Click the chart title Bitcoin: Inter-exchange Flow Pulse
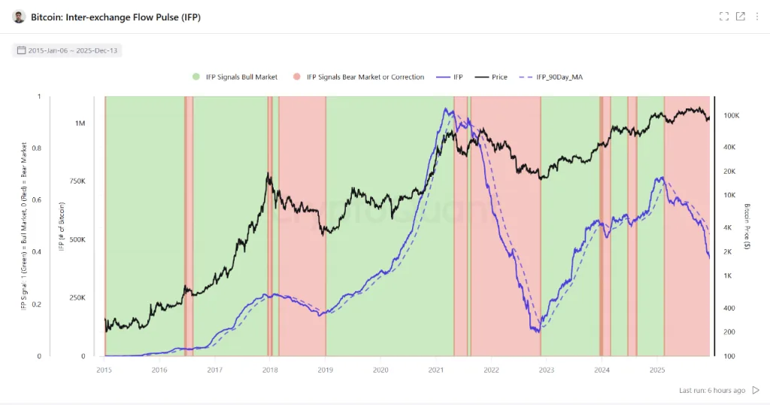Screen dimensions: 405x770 coord(116,17)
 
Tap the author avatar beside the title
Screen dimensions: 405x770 coord(19,17)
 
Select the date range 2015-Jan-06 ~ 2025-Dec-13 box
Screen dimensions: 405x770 coord(68,50)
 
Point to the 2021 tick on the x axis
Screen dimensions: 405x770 coord(436,370)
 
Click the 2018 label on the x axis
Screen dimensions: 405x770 coord(270,370)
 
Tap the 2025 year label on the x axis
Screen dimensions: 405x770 coord(657,370)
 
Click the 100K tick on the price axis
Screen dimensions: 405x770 coord(731,116)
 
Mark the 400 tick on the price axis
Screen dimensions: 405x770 coord(727,308)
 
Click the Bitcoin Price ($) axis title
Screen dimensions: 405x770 coord(747,227)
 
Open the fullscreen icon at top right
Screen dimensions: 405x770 coord(723,17)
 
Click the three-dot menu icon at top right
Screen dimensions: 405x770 coord(756,17)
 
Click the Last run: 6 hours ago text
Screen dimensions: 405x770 coord(711,391)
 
